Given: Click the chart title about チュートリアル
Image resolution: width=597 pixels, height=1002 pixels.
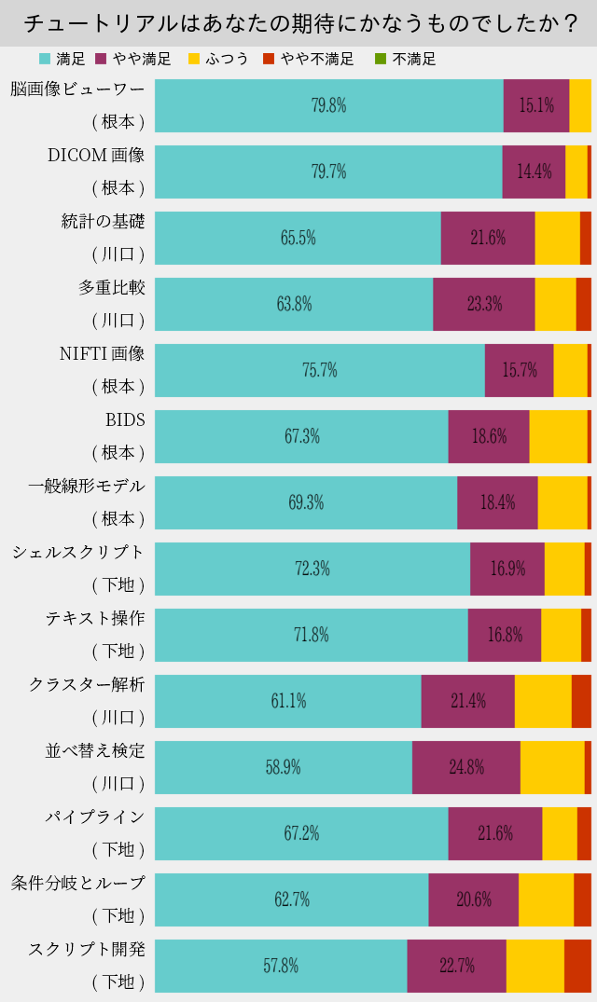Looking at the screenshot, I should [298, 22].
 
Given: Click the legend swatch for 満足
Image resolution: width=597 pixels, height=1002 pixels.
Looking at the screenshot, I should [45, 59].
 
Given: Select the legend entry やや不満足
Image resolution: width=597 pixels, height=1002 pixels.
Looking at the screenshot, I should [309, 59].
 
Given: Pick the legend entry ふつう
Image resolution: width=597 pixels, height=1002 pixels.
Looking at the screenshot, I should [219, 59].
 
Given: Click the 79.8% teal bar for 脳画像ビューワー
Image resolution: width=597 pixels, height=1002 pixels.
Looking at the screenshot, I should [328, 105].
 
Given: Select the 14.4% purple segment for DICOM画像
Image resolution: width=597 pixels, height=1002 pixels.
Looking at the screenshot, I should [534, 172].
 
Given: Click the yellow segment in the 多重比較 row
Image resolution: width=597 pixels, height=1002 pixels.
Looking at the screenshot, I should [555, 304].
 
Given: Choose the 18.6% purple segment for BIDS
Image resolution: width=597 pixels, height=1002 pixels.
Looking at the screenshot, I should [489, 436].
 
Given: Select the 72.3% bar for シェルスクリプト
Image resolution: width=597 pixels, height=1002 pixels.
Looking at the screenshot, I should [312, 569].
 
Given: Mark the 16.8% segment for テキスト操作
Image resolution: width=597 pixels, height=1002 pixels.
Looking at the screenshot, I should [505, 635].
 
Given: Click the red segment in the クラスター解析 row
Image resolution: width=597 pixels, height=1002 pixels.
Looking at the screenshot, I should [581, 701].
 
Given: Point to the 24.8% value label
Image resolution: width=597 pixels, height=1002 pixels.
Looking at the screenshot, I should [466, 767].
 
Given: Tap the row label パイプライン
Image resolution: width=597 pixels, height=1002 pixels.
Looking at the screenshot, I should [95, 817].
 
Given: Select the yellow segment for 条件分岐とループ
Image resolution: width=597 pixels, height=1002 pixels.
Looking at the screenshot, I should [546, 899].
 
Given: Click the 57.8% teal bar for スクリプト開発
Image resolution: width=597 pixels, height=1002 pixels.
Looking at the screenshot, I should [281, 966].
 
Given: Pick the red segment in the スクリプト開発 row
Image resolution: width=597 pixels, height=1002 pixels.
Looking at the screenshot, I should [577, 966].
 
